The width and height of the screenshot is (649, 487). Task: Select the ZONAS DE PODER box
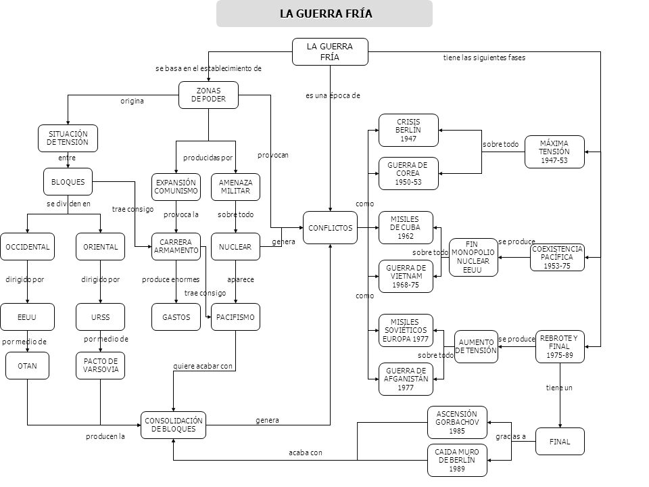click(208, 95)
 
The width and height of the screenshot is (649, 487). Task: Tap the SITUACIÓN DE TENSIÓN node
click(68, 138)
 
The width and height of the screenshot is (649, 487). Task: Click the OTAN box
click(27, 366)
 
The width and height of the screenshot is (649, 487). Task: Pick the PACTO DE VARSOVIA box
click(100, 366)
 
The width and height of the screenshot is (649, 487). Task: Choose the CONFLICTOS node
click(330, 228)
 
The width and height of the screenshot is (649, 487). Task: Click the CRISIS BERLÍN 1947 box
click(408, 130)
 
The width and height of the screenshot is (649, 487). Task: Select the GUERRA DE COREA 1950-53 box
click(408, 174)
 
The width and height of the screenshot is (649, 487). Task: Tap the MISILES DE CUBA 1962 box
click(406, 228)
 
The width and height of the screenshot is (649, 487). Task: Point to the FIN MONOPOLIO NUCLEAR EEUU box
click(473, 257)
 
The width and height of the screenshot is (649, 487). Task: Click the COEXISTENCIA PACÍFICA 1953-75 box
click(557, 257)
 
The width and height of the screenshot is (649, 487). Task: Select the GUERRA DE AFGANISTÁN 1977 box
click(406, 379)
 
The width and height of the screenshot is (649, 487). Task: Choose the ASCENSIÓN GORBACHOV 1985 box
click(457, 422)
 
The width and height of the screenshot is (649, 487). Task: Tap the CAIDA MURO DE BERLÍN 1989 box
click(457, 460)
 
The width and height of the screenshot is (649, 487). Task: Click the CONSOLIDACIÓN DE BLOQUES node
click(173, 425)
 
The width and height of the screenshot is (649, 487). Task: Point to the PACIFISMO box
click(235, 317)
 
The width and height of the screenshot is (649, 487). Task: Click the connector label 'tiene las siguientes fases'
click(484, 57)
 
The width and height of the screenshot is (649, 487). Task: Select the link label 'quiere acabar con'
click(203, 366)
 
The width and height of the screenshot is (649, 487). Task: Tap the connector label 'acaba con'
click(306, 453)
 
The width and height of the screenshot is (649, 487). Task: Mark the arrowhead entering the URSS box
click(100, 301)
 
